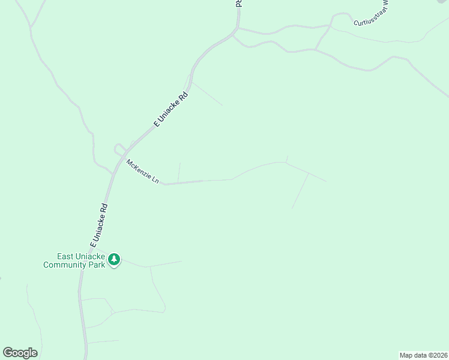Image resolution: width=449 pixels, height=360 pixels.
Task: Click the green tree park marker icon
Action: pyautogui.click(x=114, y=260)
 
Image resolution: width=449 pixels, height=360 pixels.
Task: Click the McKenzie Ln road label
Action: pyautogui.click(x=143, y=171)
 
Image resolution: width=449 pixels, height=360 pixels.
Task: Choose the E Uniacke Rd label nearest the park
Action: pyautogui.click(x=98, y=226)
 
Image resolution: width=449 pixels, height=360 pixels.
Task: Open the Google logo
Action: pyautogui.click(x=20, y=353)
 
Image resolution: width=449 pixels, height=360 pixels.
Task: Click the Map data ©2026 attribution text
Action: pyautogui.click(x=423, y=355)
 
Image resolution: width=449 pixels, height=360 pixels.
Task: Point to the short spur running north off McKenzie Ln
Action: pyautogui.click(x=179, y=172)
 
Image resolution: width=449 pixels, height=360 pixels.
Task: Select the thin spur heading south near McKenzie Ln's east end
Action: pyautogui.click(x=300, y=191)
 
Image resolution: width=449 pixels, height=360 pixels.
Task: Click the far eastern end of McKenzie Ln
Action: pyautogui.click(x=326, y=181)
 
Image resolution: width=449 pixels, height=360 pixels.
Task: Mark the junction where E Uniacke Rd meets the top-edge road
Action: pyautogui.click(x=238, y=28)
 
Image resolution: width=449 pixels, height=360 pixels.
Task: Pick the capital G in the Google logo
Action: pyautogui.click(x=8, y=353)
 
